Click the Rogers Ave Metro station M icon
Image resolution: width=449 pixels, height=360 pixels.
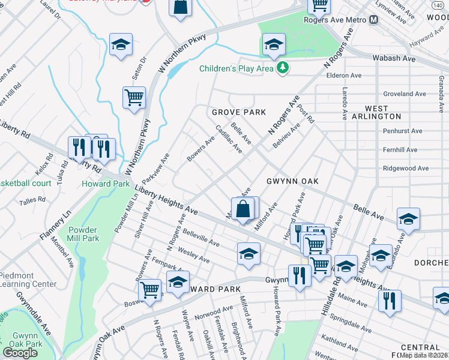coord(374,20)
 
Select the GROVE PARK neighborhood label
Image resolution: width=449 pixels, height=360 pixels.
coord(238,112)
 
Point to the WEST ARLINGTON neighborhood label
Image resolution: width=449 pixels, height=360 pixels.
coord(383,112)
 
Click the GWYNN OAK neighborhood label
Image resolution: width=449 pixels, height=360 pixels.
coord(292,181)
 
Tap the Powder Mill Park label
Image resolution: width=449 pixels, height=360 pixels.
coord(83,234)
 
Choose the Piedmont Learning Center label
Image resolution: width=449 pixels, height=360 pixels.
coord(28,280)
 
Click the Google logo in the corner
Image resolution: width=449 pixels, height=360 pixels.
coord(20,353)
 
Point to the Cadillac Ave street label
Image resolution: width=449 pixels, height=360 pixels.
coord(229,139)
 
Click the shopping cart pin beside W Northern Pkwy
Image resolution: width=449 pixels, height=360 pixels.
coord(134,97)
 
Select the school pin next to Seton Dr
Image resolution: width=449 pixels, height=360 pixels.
coord(121,44)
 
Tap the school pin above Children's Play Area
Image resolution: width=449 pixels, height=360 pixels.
coord(273,44)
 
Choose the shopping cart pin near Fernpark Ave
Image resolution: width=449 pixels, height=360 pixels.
coord(149,290)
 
